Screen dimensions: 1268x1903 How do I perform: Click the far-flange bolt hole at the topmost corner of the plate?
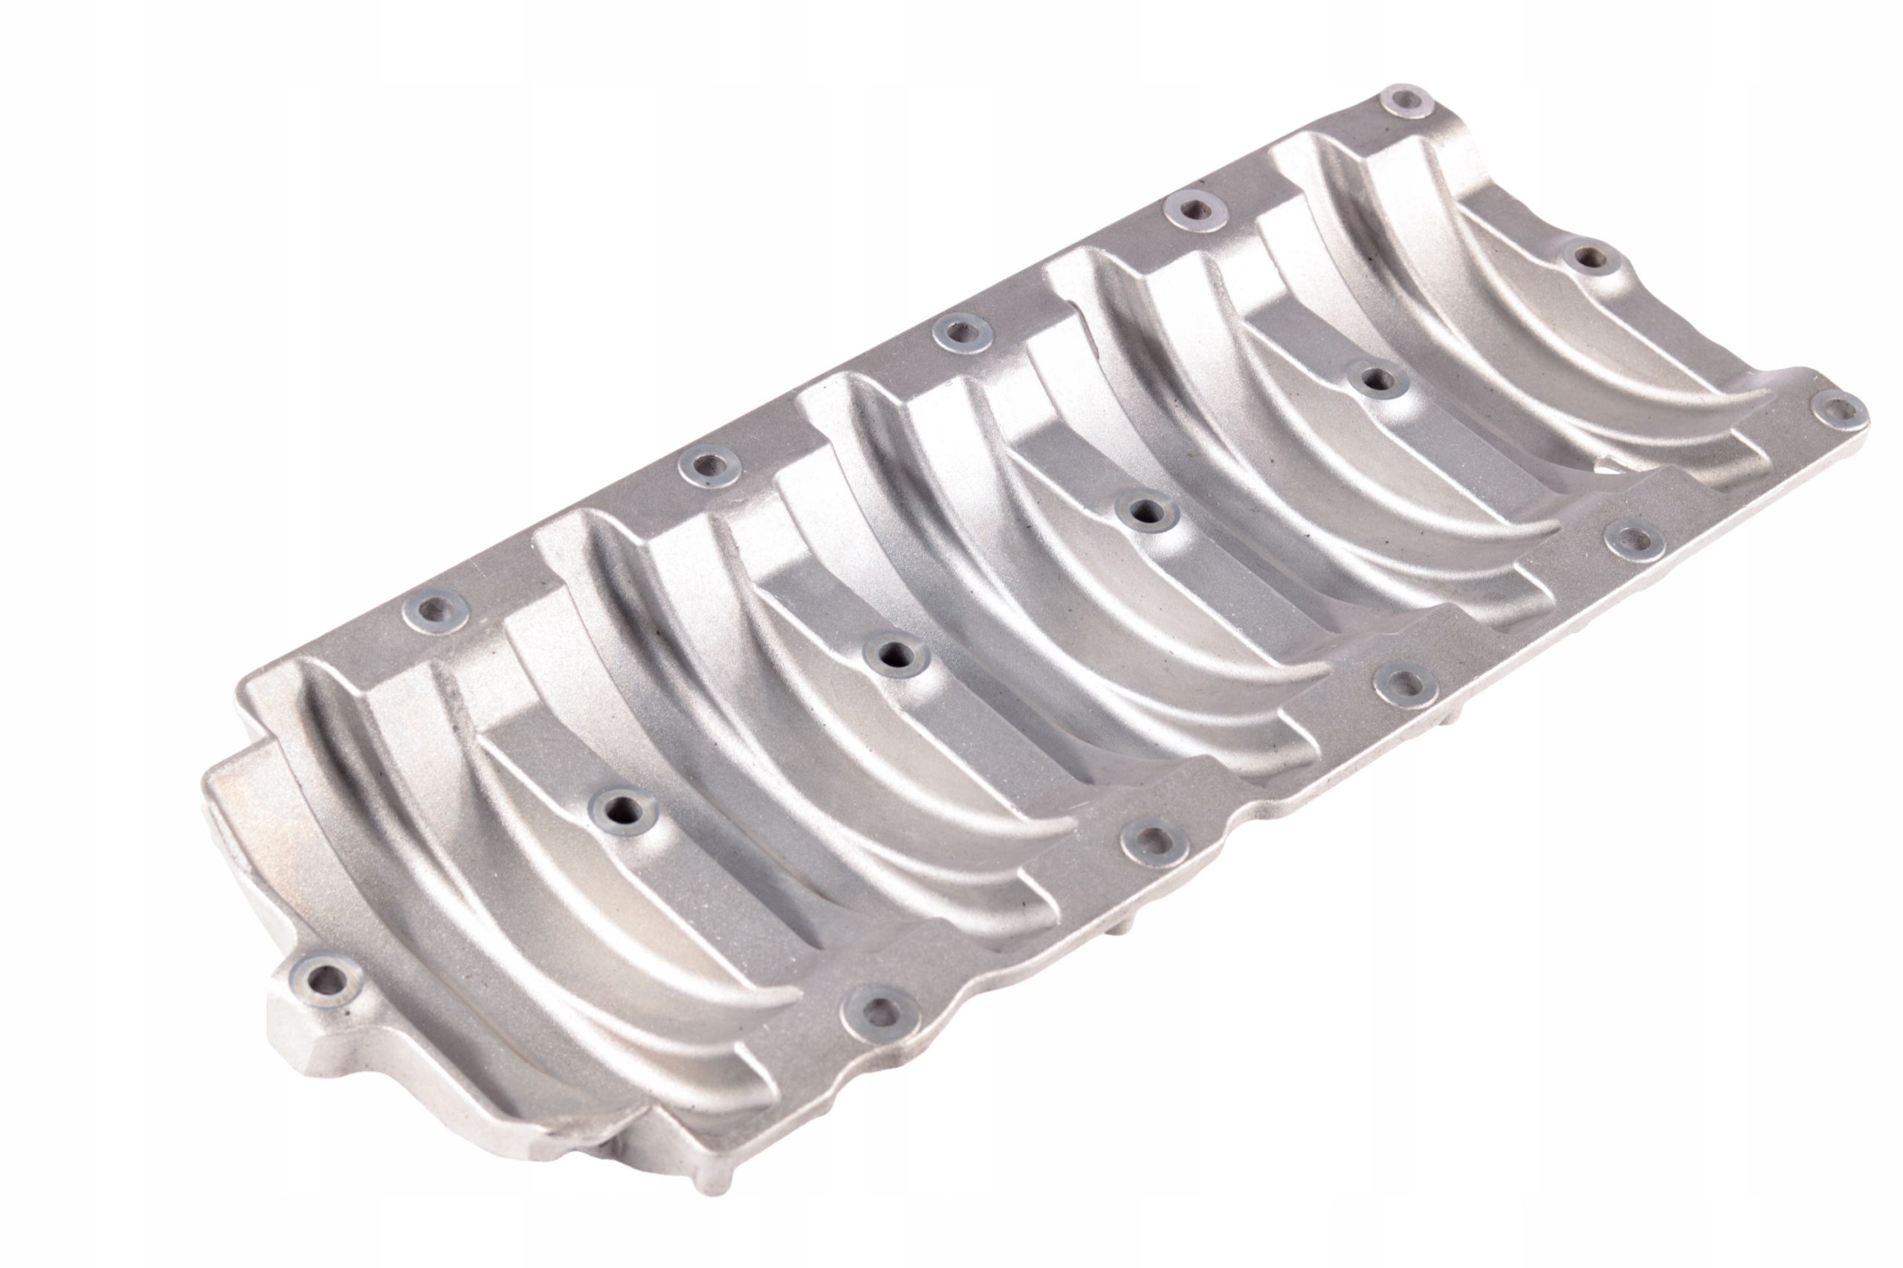click(1405, 102)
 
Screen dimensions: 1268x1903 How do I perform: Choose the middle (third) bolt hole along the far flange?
click(960, 331)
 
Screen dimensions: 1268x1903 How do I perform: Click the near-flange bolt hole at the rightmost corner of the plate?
click(1838, 411)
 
